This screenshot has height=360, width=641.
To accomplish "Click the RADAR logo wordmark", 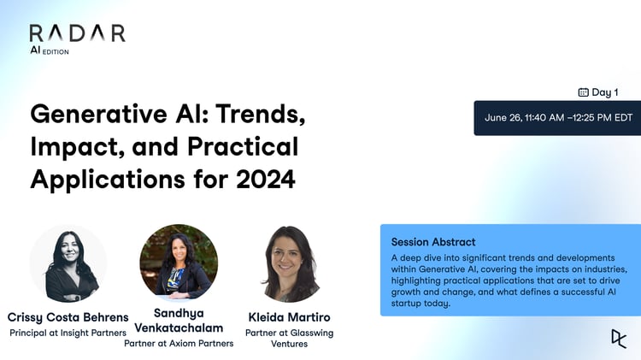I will pyautogui.click(x=77, y=32).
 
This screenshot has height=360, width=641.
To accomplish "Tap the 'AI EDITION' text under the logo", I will pyautogui.click(x=50, y=51).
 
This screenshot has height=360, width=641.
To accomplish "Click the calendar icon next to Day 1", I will pyautogui.click(x=583, y=92).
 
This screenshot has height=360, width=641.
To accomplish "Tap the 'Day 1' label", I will pyautogui.click(x=604, y=92).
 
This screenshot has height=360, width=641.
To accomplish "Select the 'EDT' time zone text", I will pyautogui.click(x=621, y=118).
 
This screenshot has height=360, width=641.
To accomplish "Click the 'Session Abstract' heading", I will pyautogui.click(x=433, y=242).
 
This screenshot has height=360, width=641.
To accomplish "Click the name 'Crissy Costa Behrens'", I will pyautogui.click(x=68, y=316).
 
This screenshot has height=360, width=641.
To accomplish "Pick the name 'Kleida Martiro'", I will pyautogui.click(x=291, y=316).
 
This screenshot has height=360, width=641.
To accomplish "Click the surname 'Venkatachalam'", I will pyautogui.click(x=179, y=328).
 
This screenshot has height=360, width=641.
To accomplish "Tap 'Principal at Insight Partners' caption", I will pyautogui.click(x=68, y=333).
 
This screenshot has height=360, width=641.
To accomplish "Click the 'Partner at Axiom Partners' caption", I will pyautogui.click(x=179, y=345).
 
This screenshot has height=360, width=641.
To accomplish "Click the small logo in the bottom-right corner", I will pyautogui.click(x=618, y=338).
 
